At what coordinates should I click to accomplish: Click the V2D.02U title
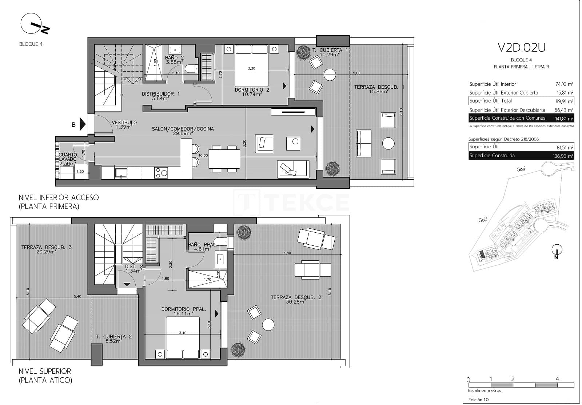click(521, 48)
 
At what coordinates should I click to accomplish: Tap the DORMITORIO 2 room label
click(252, 90)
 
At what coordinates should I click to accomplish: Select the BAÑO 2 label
click(174, 58)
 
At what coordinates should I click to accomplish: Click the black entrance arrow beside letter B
click(83, 124)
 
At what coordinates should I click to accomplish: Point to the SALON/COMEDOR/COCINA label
click(183, 129)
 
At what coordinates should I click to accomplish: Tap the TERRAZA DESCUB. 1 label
click(379, 87)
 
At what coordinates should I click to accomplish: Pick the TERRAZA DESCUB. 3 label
click(46, 248)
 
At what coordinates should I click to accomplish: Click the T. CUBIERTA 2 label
click(113, 337)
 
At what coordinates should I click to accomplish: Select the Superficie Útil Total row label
click(490, 101)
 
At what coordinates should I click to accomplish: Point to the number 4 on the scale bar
click(557, 379)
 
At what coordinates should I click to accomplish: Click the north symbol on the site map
click(557, 250)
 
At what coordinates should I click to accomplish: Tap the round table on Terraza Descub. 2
click(268, 324)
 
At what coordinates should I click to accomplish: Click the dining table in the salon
click(224, 159)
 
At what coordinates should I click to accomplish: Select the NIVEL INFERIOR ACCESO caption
click(59, 197)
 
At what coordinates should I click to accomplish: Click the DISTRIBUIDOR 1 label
click(161, 94)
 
